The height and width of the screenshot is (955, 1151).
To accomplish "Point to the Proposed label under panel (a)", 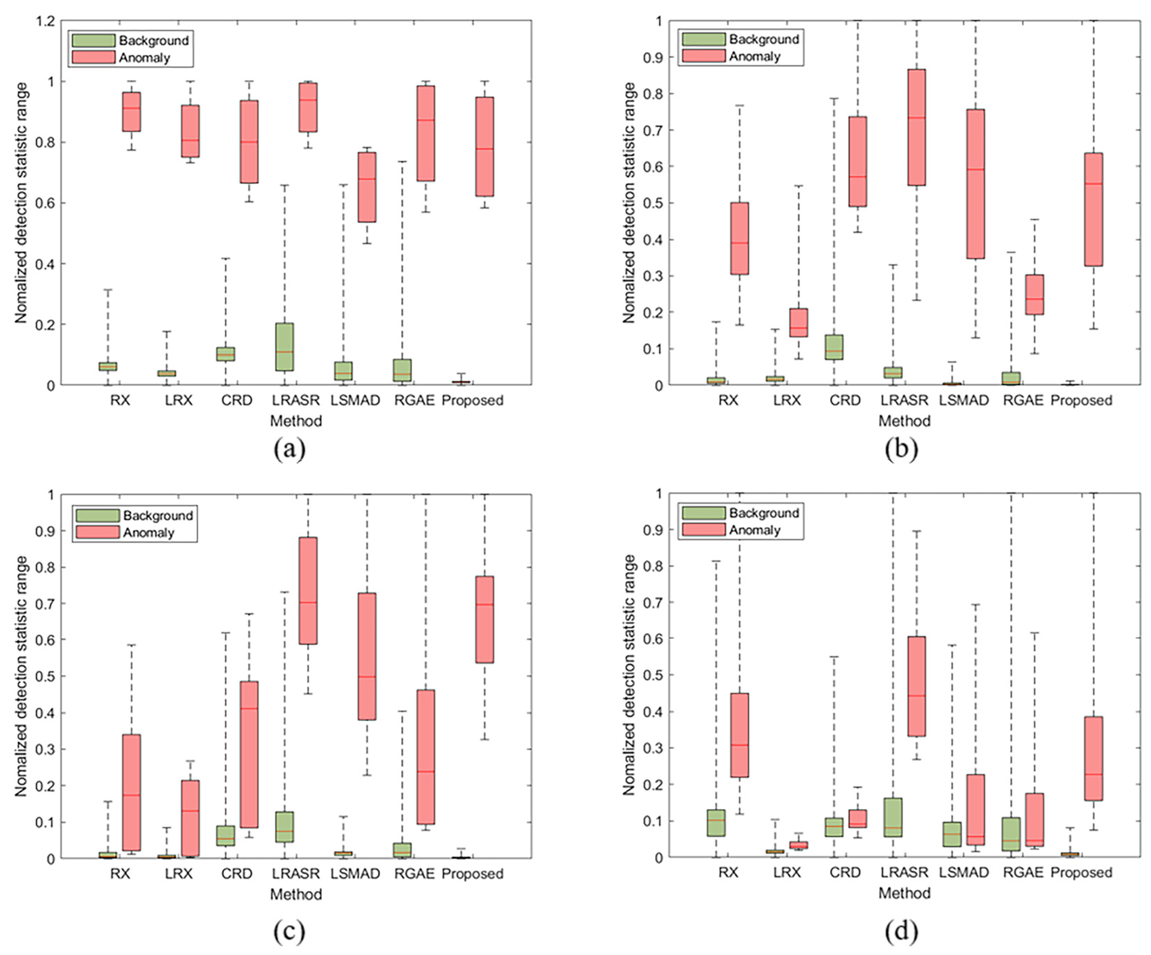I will point(472,400).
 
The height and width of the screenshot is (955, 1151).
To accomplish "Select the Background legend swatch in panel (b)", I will point(703,39).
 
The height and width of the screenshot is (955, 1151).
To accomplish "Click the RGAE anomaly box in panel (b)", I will point(1034,294).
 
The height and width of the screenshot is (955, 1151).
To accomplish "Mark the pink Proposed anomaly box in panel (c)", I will point(485,619).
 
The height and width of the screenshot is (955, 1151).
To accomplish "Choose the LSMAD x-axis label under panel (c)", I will point(355,874).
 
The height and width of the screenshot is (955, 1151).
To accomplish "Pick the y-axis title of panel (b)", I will point(629,203).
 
